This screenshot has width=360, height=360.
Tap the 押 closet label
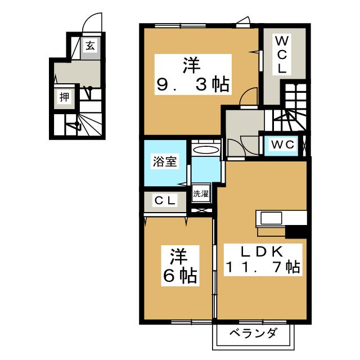pyautogui.click(x=65, y=97)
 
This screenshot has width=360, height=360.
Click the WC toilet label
pyautogui.click(x=283, y=145)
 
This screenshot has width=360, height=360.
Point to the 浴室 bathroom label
pyautogui.click(x=165, y=162)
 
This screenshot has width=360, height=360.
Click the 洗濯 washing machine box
pyautogui.click(x=201, y=194)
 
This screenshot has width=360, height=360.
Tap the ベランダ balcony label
pyautogui.click(x=253, y=334)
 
